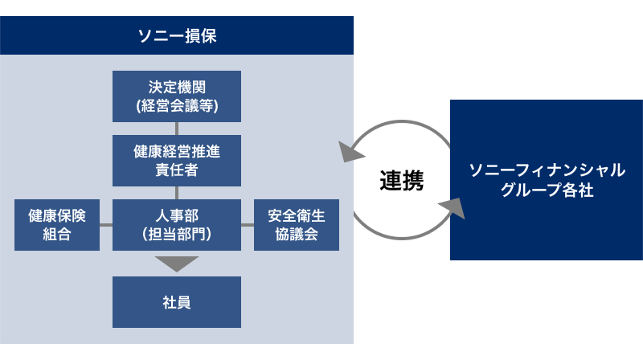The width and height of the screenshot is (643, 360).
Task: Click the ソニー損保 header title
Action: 177,36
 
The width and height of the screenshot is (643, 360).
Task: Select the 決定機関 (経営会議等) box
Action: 177,96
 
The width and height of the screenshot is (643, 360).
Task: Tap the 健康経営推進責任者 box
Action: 177,160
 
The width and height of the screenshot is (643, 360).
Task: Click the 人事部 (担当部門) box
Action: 177,225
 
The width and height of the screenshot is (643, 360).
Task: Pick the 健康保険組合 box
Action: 57,225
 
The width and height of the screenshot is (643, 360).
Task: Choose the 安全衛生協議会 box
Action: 297,225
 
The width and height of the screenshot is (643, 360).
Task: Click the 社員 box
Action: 177,302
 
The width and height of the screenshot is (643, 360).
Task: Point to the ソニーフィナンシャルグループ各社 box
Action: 546,180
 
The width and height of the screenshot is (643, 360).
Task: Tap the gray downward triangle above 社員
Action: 177,263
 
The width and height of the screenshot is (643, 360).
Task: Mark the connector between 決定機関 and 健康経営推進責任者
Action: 177,129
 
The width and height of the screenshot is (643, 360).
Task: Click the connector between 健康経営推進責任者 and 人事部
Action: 177,193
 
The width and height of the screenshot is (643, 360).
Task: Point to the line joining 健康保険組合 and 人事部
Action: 105,225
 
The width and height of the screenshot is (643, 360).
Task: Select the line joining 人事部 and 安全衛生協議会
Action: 248,225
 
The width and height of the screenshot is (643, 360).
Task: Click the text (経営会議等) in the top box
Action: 177,105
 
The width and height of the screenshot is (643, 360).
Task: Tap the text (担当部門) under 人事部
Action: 177,235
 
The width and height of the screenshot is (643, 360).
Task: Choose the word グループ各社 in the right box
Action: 546,190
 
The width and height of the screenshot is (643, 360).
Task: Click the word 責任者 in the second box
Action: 177,170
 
